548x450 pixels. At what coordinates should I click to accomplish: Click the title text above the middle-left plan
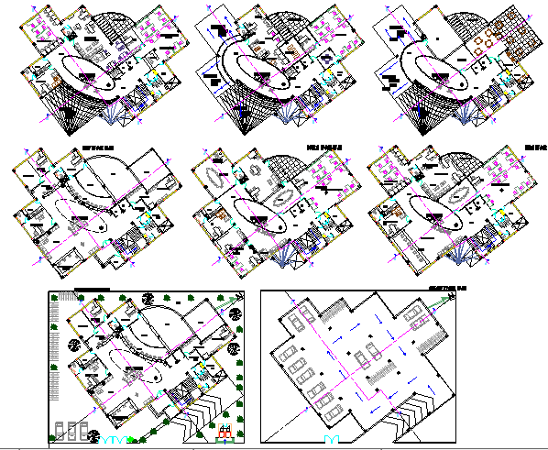coord(95,147)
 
